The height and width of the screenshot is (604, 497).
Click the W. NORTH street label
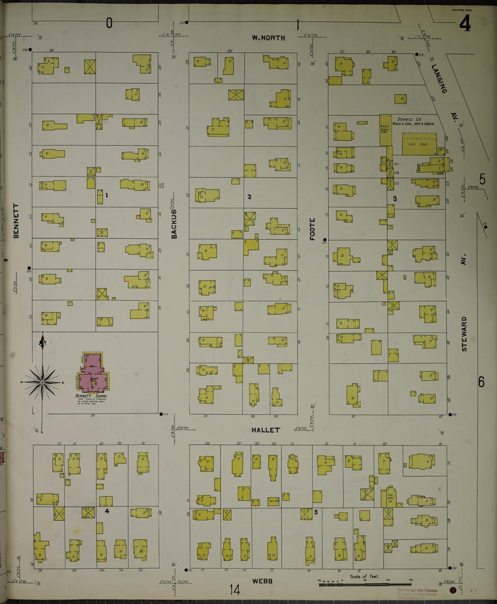pos(268,38)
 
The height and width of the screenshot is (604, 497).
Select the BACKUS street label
pos(174,224)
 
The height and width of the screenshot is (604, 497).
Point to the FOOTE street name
pos(312,229)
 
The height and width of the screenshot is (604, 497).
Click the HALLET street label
pos(266,430)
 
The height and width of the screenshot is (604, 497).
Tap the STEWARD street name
pos(464,333)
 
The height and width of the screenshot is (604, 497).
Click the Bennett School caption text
pos(91,396)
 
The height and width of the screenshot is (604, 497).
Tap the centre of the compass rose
pos(42,382)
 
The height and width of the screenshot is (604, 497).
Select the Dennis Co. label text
pos(408,120)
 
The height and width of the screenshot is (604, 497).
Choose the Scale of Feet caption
pos(364,576)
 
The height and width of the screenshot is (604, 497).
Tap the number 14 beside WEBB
pos(235,590)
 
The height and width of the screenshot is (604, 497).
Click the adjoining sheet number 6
pos(481,382)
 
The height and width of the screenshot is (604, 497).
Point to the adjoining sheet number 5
pos(482,179)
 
